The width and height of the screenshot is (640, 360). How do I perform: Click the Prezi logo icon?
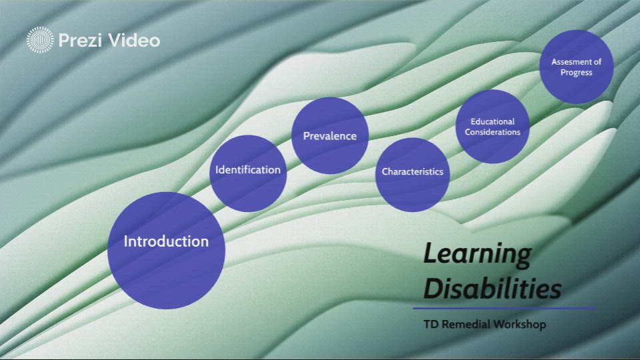(39, 40)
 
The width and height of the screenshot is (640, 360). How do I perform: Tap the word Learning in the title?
(477, 254)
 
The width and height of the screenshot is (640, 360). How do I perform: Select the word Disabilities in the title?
(492, 289)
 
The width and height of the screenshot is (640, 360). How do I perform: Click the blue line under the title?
(503, 308)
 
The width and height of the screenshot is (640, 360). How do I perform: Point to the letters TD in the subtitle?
(431, 325)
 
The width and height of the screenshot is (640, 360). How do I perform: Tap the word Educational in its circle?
(493, 122)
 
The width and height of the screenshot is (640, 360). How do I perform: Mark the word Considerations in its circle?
(493, 132)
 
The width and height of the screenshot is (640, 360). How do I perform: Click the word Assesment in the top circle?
(576, 62)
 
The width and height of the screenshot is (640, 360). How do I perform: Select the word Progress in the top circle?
(576, 72)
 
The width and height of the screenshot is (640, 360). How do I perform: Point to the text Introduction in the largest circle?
(166, 241)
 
